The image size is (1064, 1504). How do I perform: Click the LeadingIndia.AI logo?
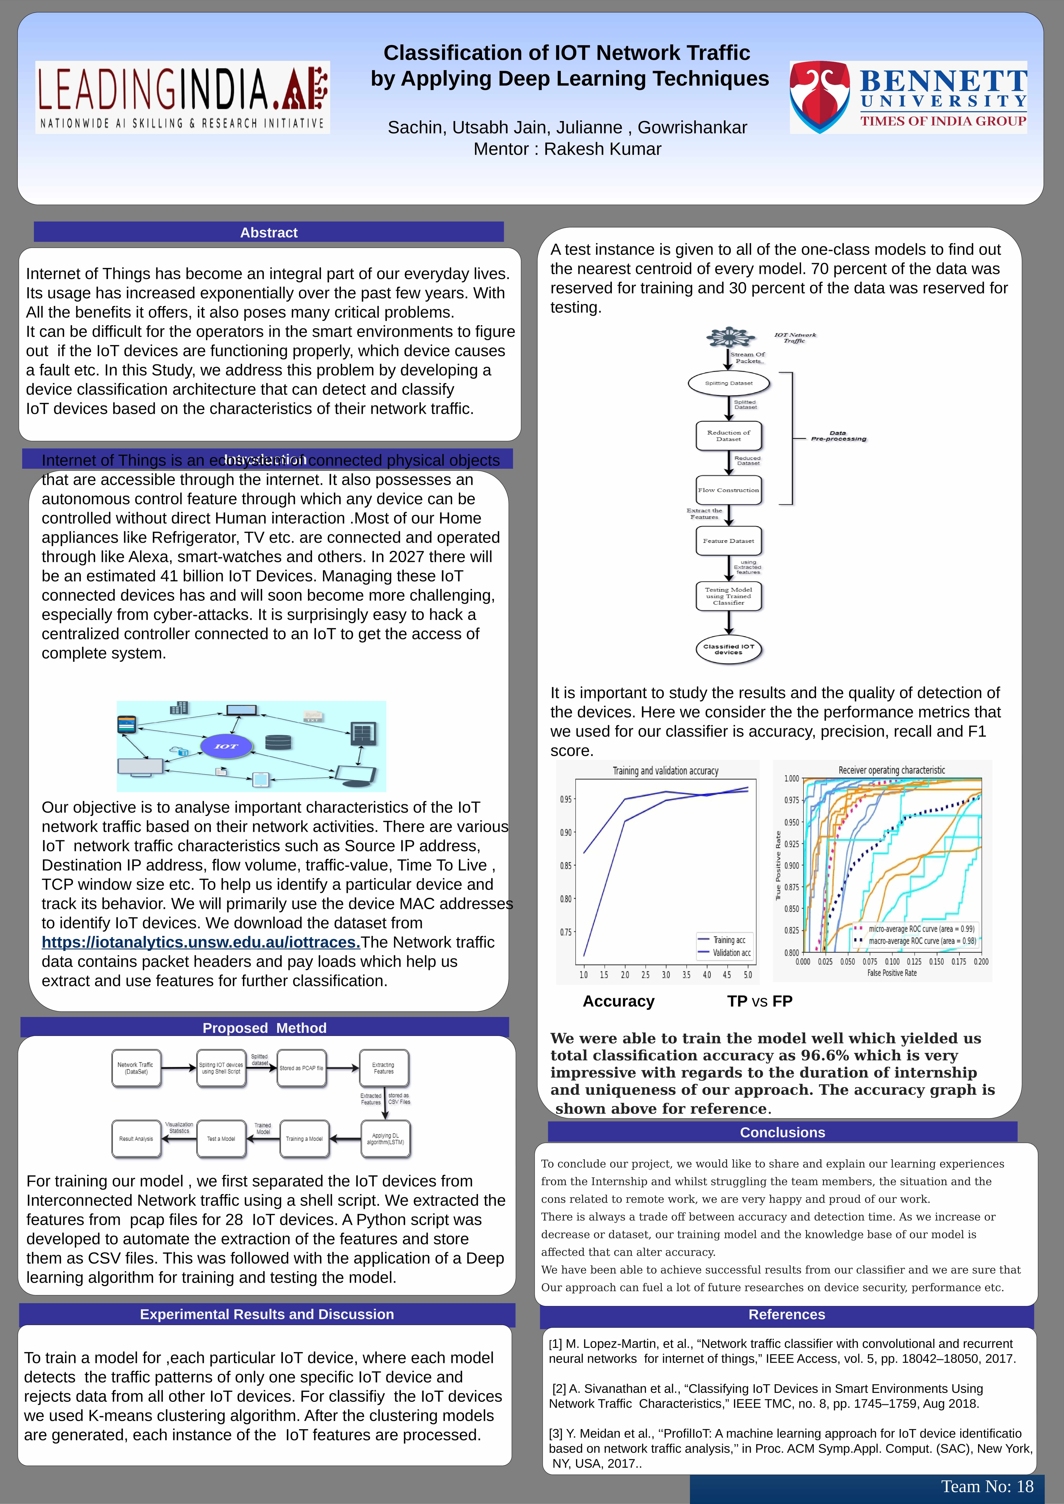[x=182, y=97]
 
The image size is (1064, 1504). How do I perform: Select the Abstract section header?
[x=269, y=233]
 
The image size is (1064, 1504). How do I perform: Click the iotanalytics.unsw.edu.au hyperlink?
[x=201, y=942]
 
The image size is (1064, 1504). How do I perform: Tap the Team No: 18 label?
[x=987, y=1486]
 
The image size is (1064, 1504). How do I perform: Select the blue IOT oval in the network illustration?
[x=226, y=746]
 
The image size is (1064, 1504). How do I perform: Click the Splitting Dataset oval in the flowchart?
[x=729, y=383]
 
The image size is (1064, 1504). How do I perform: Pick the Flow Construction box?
[x=729, y=490]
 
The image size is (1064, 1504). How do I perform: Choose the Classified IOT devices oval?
[x=729, y=649]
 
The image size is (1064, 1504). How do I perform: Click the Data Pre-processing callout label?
[x=838, y=436]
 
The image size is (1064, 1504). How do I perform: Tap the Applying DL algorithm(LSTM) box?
[x=385, y=1139]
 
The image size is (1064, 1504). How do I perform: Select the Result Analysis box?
[x=136, y=1139]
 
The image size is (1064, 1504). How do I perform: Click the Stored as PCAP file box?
[x=301, y=1068]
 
